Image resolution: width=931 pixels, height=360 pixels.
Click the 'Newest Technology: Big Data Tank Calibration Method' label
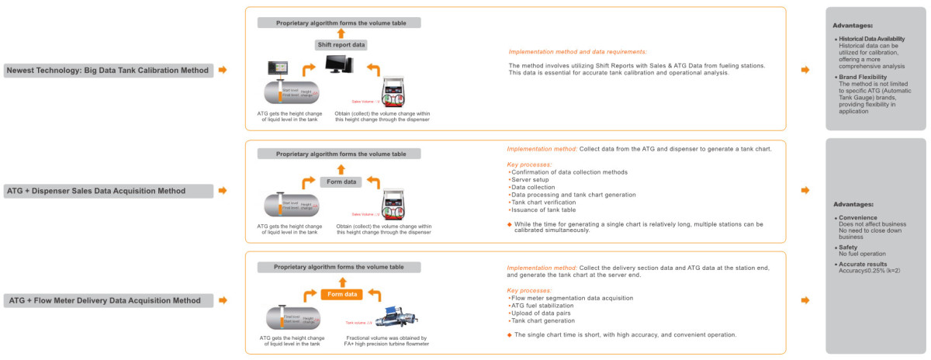pyautogui.click(x=108, y=71)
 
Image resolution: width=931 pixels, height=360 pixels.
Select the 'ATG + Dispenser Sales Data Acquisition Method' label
pyautogui.click(x=108, y=191)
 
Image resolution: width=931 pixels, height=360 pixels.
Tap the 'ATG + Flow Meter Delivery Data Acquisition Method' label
pyautogui.click(x=108, y=300)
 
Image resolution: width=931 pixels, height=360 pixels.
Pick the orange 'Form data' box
pyautogui.click(x=341, y=295)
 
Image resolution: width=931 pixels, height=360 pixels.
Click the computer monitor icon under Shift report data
pyautogui.click(x=340, y=65)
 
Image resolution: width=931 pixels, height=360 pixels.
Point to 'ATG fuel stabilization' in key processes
pyautogui.click(x=542, y=306)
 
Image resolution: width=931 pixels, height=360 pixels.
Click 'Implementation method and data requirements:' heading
pyautogui.click(x=577, y=52)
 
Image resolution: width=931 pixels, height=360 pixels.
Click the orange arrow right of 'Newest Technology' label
pyautogui.click(x=223, y=71)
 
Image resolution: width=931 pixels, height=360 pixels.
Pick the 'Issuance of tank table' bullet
pyautogui.click(x=543, y=210)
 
